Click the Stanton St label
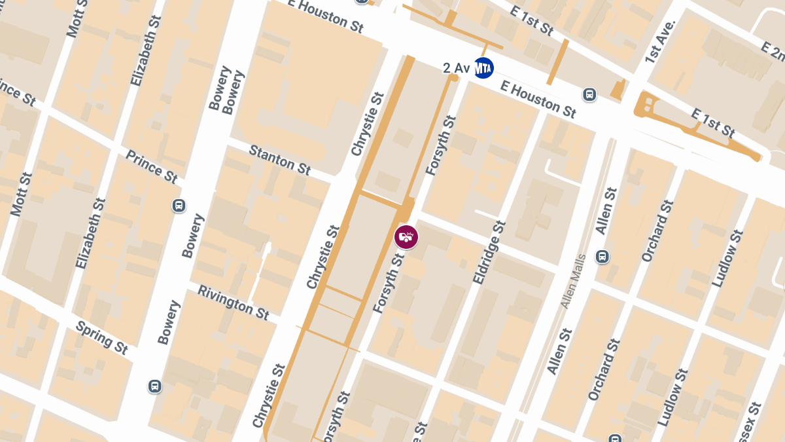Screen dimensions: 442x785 [x=279, y=160]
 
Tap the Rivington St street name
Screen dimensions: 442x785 [x=233, y=302]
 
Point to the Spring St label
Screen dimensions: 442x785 [x=101, y=337]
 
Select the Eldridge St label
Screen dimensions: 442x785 [x=489, y=252]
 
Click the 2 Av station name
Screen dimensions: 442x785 [x=457, y=67]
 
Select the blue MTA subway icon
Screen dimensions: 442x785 [x=483, y=67]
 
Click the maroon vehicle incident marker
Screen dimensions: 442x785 [x=406, y=236]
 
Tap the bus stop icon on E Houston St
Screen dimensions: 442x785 [x=589, y=95]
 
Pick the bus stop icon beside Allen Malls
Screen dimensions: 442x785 [x=602, y=257]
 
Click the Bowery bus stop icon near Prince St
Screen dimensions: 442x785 [x=179, y=206]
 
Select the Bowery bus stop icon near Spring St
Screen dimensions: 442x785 [x=155, y=386]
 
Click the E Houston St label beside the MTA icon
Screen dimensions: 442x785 [x=538, y=96]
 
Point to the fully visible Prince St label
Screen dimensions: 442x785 [x=151, y=166]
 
